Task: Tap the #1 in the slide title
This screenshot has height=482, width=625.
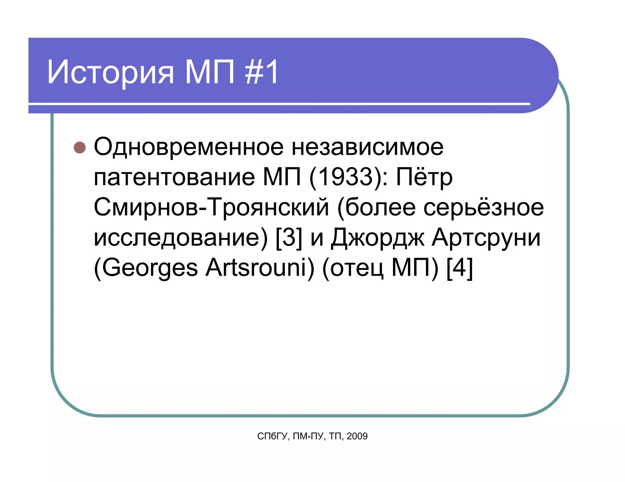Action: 262,72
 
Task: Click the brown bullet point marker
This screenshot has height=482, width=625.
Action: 80,147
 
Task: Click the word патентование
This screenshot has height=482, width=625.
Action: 174,177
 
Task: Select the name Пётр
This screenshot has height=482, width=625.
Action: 424,177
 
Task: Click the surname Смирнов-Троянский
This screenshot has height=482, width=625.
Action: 211,207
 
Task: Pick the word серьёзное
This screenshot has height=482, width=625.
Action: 484,207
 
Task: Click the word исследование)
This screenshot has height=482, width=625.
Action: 181,238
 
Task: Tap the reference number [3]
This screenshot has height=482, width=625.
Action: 289,238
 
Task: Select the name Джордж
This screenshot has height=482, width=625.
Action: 378,238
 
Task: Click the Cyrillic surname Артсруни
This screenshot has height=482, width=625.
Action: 486,238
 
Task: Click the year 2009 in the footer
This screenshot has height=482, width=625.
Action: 357,436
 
